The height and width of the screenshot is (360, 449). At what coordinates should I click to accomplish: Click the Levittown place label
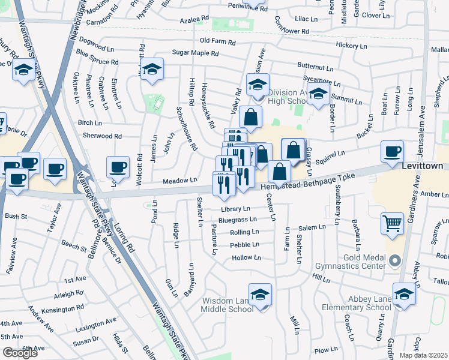(423, 166)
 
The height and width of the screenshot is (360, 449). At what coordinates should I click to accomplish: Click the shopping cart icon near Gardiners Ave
(392, 223)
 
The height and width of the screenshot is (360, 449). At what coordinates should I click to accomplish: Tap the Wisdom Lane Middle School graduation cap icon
(261, 295)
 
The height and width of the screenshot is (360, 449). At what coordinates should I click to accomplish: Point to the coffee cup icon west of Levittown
(393, 151)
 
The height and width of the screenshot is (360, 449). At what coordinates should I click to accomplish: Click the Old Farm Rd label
(218, 41)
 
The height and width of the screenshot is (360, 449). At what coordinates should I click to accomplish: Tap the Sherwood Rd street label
(102, 136)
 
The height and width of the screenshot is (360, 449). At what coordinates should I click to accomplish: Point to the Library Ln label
(235, 209)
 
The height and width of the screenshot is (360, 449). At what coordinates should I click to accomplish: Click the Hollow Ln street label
(246, 257)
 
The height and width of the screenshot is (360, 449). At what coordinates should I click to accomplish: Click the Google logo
(20, 353)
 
